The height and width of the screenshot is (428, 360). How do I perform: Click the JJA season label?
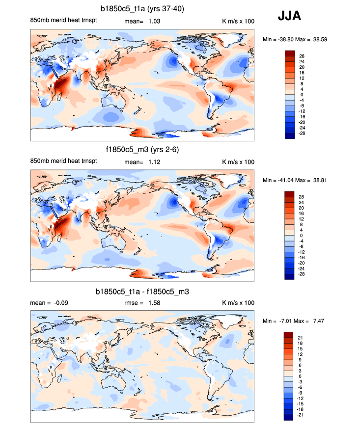coord(289,16)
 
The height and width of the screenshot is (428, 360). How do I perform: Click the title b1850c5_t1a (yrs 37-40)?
coord(142,9)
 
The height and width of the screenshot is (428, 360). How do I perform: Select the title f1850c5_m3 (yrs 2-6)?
coord(142,150)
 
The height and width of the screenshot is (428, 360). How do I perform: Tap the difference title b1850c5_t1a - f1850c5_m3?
coord(142,292)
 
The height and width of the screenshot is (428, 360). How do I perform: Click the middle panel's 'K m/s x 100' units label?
coord(239,161)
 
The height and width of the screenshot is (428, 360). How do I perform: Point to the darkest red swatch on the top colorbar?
coord(289,53)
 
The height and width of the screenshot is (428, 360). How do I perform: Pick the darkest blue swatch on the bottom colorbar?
coord(289,417)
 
